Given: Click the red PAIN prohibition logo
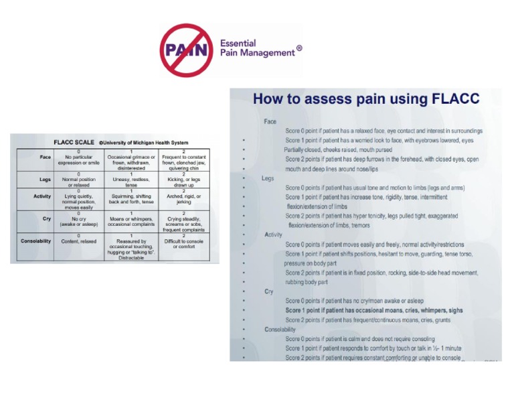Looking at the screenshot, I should click(187, 50).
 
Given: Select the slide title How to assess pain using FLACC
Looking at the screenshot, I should click(365, 99).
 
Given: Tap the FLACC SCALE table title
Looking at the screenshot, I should click(75, 142).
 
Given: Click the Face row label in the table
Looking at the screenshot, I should click(45, 157).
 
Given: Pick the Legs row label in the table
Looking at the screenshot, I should click(44, 180).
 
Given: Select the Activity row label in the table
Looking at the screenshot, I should click(41, 196).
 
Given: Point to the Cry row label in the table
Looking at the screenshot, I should click(47, 218).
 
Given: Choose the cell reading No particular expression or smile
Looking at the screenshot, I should click(78, 159).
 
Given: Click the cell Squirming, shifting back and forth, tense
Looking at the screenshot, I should click(131, 198).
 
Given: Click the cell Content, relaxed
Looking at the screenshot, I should click(78, 241).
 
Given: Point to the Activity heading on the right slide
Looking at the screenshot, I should click(273, 235).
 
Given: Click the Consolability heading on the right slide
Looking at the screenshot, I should click(280, 330).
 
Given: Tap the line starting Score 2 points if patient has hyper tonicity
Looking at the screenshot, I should click(371, 216).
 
